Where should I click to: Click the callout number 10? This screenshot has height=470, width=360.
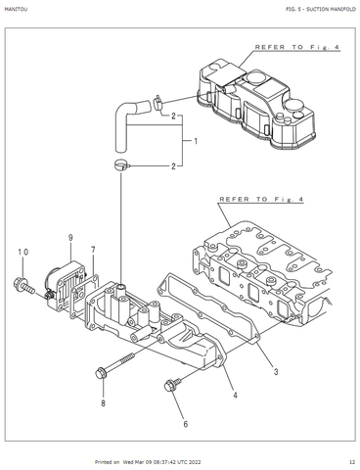pyautogui.click(x=23, y=252)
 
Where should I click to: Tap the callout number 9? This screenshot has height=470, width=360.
pyautogui.click(x=70, y=238)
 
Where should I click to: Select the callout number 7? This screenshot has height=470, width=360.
pyautogui.click(x=93, y=250)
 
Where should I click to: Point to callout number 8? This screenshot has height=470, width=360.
pyautogui.click(x=103, y=403)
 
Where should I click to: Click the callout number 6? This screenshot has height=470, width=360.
pyautogui.click(x=186, y=424)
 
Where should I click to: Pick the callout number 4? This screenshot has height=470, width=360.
pyautogui.click(x=235, y=396)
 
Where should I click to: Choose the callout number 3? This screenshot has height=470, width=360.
pyautogui.click(x=276, y=371)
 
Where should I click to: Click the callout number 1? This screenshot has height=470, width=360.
pyautogui.click(x=196, y=141)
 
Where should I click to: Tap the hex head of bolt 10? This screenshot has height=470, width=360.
pyautogui.click(x=19, y=283)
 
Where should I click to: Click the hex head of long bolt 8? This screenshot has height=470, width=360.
pyautogui.click(x=100, y=373)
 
